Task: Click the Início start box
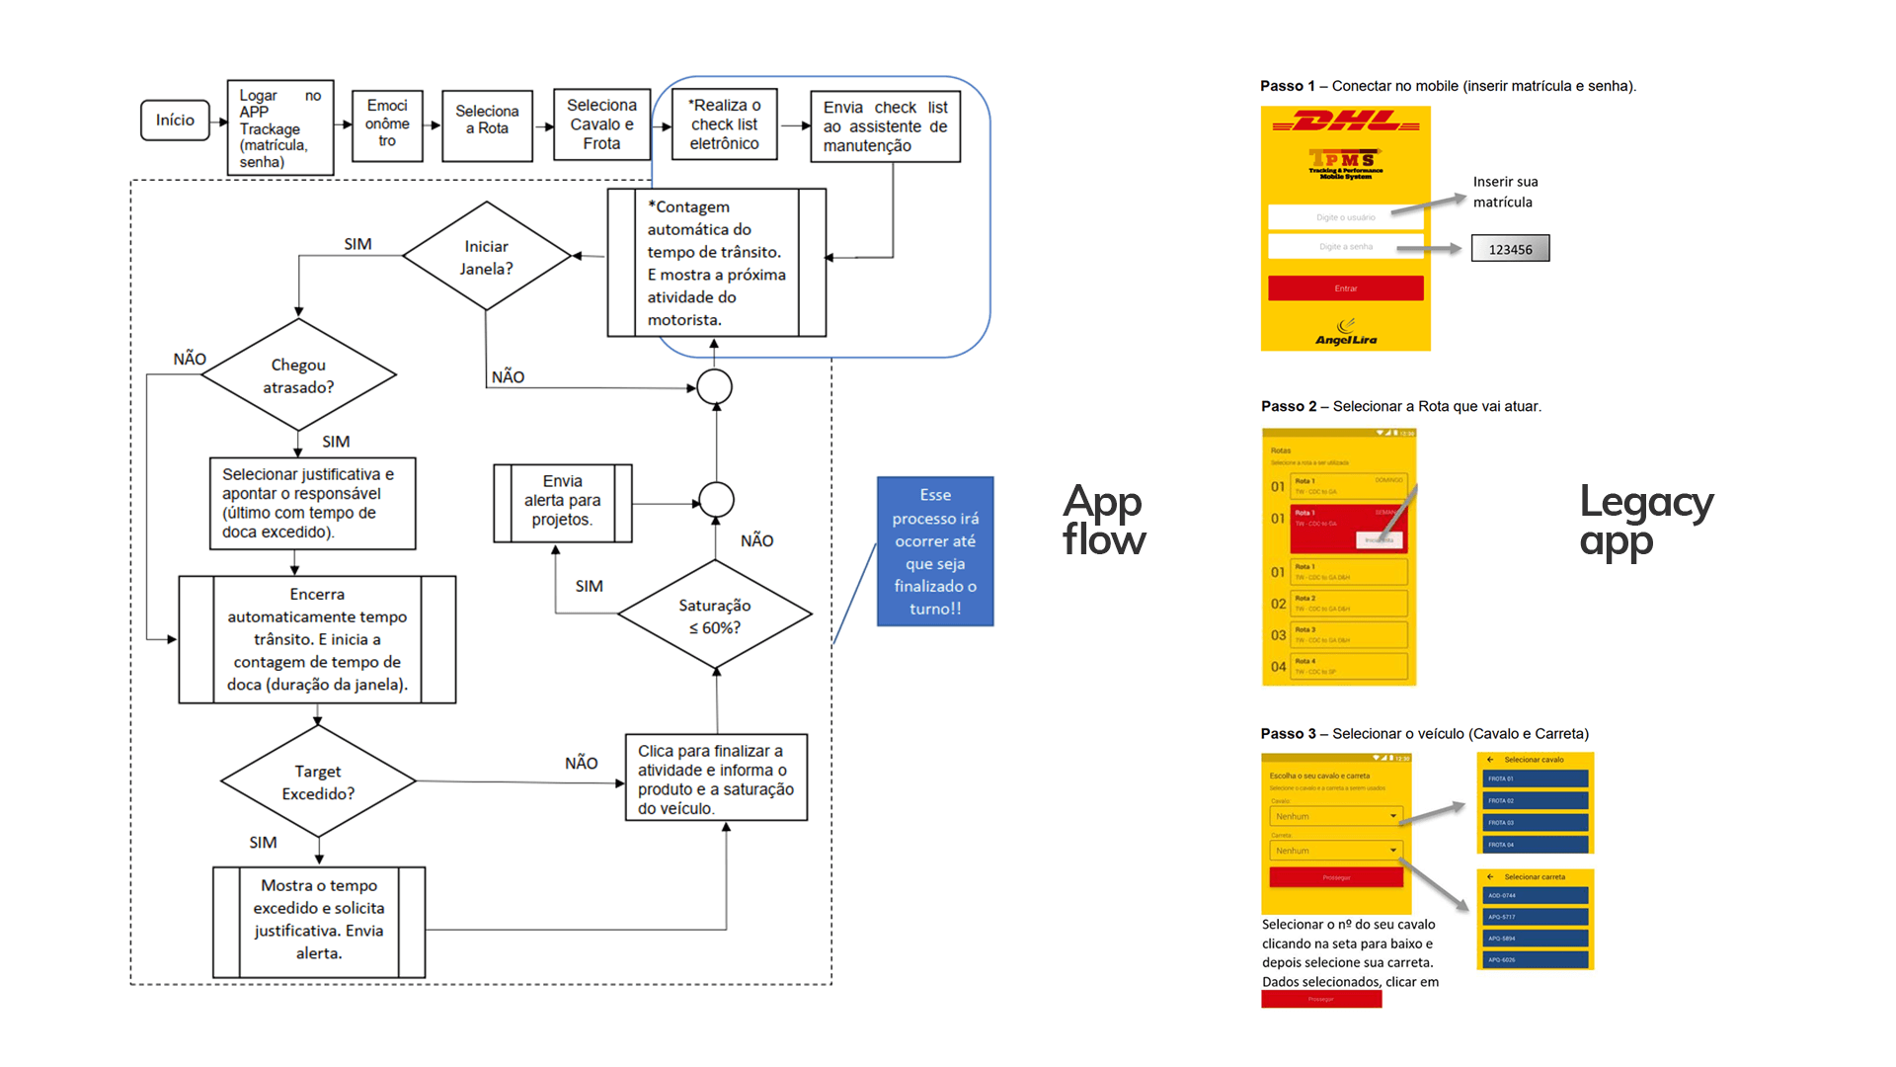175,121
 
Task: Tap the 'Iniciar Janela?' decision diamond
486,257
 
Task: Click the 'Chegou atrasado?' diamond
298,375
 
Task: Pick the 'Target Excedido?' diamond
318,782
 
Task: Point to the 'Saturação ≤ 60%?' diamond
715,616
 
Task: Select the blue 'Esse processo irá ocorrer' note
935,552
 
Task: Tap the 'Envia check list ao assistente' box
885,126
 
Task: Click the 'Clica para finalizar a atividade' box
716,779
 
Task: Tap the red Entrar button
1346,288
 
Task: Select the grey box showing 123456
1510,249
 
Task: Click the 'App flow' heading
1104,521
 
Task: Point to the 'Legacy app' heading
1645,522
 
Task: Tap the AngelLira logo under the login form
1346,333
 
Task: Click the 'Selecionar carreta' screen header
1534,877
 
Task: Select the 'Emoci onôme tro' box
387,124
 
